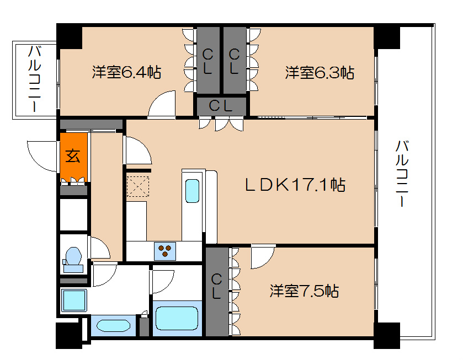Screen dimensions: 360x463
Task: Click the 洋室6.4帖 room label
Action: [x=126, y=72]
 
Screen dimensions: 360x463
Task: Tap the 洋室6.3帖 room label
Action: [x=320, y=72]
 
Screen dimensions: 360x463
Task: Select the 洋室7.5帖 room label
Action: [x=304, y=291]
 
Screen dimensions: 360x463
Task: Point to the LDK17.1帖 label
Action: [x=295, y=185]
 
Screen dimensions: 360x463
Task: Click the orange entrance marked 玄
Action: [x=74, y=156]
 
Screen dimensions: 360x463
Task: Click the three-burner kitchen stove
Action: [x=164, y=251]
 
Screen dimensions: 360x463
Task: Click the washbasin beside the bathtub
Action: [x=113, y=325]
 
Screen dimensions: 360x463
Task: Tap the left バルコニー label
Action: [x=36, y=79]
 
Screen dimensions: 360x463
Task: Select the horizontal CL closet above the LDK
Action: [x=220, y=106]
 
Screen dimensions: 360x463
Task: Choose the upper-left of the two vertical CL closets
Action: [x=208, y=61]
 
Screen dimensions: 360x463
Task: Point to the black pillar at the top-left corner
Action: [x=70, y=35]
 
